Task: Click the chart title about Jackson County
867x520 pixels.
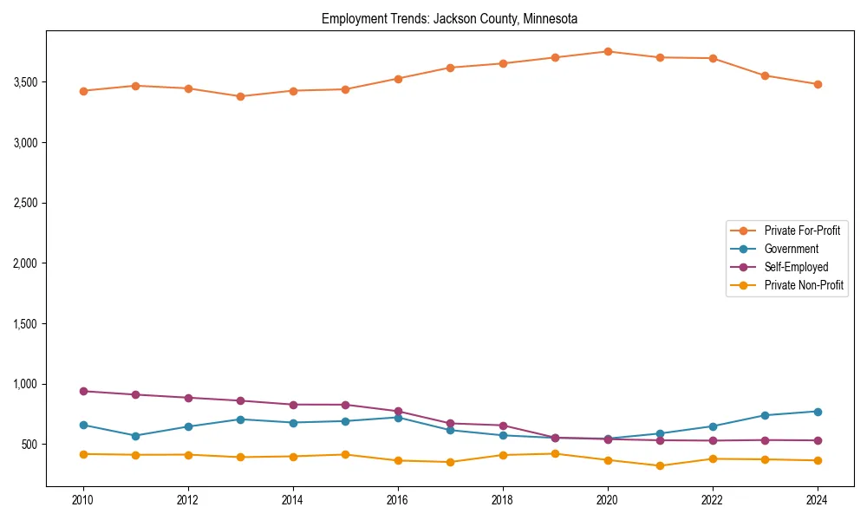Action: tap(449, 18)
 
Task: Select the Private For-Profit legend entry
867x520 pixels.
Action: tap(801, 231)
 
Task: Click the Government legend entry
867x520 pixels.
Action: tap(791, 249)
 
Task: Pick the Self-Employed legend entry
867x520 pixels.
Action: tap(796, 267)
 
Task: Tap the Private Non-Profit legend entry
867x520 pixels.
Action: tap(804, 285)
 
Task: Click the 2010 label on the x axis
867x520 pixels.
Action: tap(83, 500)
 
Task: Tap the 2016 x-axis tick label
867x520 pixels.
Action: tap(398, 500)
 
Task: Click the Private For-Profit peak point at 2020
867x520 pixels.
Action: tap(608, 51)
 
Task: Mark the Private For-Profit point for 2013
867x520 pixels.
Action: tap(240, 96)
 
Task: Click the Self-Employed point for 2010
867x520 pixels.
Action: tap(83, 391)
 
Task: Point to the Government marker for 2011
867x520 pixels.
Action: tap(135, 436)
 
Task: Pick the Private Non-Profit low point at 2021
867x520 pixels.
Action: tap(660, 466)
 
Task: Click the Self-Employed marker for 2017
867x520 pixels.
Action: tap(450, 424)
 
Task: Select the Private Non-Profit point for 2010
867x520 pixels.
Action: tap(83, 454)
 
